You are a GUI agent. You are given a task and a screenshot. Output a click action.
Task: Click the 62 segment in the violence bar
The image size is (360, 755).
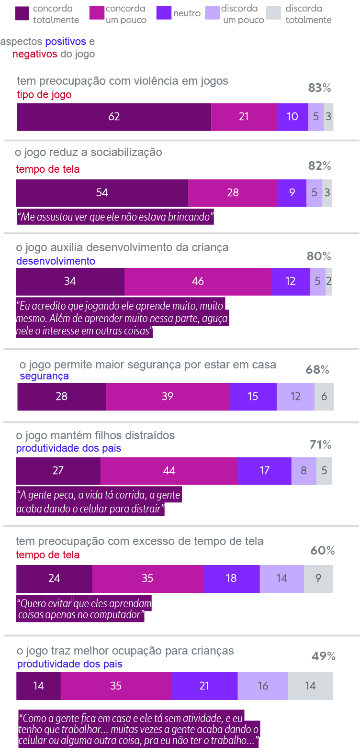click(114, 117)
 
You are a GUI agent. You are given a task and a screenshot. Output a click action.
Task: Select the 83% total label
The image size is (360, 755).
click(319, 88)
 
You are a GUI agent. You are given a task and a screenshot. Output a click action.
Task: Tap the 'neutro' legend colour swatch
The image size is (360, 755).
click(164, 13)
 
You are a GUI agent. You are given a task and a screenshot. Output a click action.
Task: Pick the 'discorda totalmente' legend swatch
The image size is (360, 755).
click(273, 13)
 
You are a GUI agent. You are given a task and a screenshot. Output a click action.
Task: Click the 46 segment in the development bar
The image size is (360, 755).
click(198, 281)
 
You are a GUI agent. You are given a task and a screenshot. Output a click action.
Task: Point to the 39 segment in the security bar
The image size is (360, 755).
click(167, 397)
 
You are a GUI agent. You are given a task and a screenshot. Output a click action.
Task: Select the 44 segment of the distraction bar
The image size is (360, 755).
click(169, 471)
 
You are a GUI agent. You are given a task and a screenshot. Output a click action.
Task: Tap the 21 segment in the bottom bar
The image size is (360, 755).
click(204, 686)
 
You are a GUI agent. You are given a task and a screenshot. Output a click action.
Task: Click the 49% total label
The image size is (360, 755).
click(323, 656)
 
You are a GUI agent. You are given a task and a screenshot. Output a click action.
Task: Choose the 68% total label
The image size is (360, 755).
click(317, 370)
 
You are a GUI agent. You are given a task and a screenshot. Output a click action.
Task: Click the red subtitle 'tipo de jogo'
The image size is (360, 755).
click(44, 95)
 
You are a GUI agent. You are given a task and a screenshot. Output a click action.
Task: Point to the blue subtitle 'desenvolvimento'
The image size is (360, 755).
click(56, 261)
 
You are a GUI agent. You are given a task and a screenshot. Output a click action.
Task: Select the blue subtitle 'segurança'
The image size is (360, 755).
click(44, 376)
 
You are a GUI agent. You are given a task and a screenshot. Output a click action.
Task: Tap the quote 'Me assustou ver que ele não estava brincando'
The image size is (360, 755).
click(115, 217)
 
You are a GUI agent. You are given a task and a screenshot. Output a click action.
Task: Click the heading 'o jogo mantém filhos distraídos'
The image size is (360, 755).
click(95, 435)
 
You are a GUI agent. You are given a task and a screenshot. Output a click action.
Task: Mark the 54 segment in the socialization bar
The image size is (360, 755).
click(102, 193)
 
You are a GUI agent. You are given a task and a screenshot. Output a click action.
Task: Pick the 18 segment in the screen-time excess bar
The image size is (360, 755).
click(231, 578)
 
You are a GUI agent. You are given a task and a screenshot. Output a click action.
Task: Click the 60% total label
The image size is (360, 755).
click(322, 551)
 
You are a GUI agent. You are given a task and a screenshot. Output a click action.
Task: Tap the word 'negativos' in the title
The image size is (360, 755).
click(35, 54)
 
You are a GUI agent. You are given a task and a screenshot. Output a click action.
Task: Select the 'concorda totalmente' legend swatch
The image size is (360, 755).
click(22, 13)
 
